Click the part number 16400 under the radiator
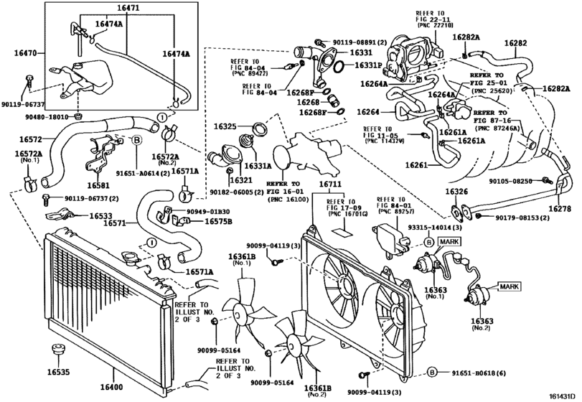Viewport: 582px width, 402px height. click(113, 388)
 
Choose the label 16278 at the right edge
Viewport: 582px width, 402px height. click(560, 208)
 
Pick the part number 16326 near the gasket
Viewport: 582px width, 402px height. click(456, 192)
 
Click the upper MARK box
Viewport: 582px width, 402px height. click(449, 242)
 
